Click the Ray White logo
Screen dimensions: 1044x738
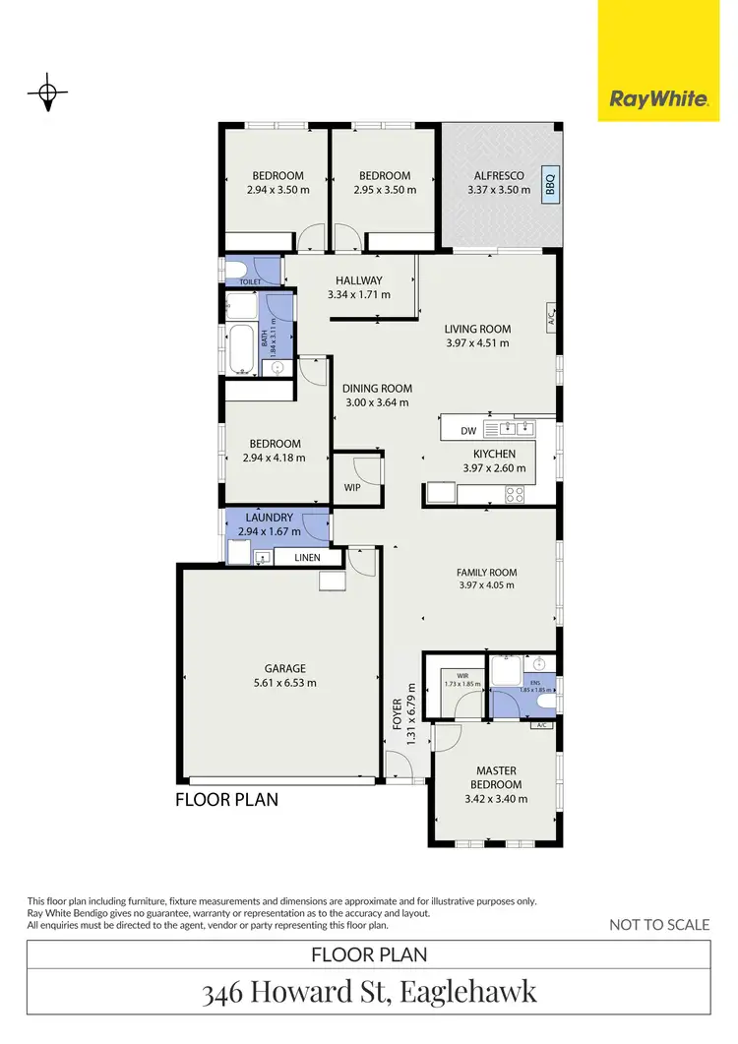click(x=658, y=98)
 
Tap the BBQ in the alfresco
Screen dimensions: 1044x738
click(x=550, y=184)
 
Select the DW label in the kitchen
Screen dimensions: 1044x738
click(x=468, y=431)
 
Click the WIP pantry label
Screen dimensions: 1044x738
click(x=351, y=487)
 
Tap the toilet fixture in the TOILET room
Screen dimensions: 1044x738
click(x=237, y=270)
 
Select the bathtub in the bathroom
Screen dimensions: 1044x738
click(x=240, y=350)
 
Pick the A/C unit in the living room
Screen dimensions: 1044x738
click(x=552, y=317)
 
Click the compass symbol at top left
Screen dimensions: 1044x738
click(x=46, y=93)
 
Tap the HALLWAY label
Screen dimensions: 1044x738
click(x=358, y=280)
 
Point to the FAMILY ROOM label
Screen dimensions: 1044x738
click(x=486, y=572)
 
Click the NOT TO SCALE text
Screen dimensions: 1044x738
click(x=658, y=924)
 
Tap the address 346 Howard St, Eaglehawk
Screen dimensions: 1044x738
click(x=369, y=991)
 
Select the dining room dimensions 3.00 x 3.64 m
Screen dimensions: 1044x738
click(x=377, y=401)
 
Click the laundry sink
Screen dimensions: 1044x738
click(x=262, y=558)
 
